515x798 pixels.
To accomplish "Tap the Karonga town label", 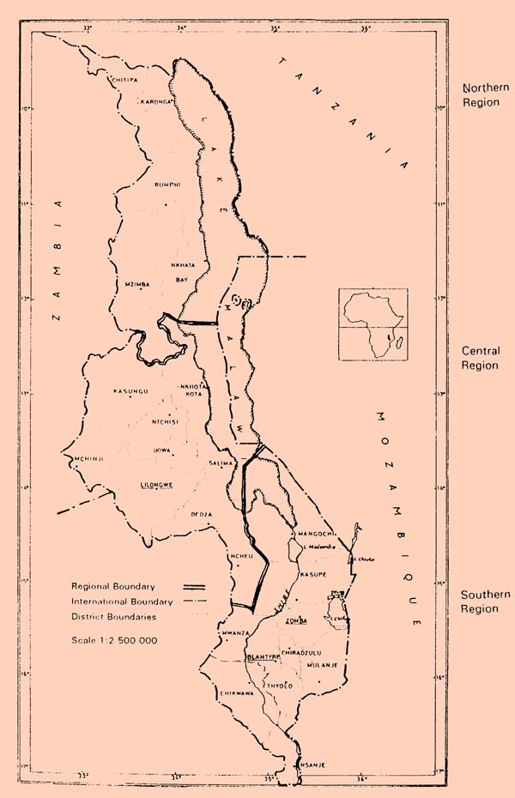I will coord(157,100).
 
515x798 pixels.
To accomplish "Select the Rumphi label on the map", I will coord(167,184).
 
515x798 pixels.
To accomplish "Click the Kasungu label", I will coord(130,391).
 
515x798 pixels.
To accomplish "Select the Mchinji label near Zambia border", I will coord(89,459).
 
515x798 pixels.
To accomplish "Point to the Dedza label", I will coord(201,514).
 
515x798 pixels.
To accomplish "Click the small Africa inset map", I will coord(373,326).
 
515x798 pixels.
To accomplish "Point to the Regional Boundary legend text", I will coord(113,586).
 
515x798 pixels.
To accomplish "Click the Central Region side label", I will coord(480,358).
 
